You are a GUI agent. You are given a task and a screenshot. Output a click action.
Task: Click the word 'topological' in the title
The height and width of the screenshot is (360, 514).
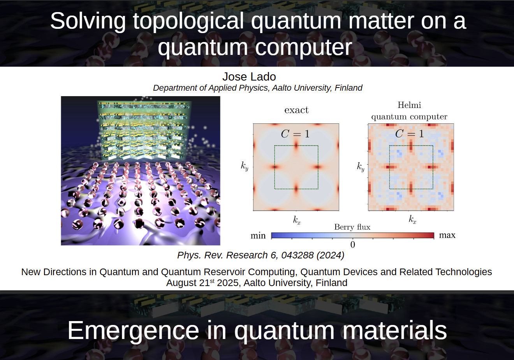coord(188,21)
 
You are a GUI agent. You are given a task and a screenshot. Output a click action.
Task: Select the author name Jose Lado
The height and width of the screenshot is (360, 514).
coord(249,77)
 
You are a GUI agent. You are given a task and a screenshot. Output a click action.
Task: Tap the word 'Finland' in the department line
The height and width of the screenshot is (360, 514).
coord(349,88)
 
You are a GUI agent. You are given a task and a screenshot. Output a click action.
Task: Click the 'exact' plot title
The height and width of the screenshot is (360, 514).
coord(296,110)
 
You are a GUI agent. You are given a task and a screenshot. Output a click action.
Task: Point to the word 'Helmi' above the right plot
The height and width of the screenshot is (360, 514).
coord(409,105)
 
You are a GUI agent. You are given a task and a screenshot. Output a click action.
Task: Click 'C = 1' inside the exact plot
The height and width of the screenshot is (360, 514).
coord(295,133)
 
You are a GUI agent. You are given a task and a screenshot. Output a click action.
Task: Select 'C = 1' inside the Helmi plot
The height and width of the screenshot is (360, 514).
coord(409,133)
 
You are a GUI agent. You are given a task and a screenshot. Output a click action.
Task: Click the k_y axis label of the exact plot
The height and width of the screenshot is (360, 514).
coord(245,166)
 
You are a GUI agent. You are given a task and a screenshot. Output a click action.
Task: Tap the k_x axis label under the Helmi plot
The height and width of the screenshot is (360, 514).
coord(412,220)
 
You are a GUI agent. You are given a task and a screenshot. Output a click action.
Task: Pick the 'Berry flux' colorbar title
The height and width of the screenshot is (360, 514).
coord(352,227)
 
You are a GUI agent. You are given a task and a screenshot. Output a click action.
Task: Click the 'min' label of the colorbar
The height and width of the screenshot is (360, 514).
coord(258,236)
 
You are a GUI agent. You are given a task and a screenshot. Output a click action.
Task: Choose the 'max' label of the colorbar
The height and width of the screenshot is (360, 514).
coord(447,235)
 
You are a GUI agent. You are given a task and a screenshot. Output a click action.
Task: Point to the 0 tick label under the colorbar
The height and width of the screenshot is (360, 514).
coord(353,245)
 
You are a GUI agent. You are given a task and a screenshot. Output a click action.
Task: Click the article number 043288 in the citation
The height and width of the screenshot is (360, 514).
coord(297,255)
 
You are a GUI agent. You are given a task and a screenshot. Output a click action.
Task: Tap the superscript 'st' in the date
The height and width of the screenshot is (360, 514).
coord(212,281)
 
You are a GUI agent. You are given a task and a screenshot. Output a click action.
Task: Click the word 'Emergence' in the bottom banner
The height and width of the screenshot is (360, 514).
coord(133,330)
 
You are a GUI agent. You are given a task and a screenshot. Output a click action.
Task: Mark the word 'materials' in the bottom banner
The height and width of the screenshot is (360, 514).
coord(395,330)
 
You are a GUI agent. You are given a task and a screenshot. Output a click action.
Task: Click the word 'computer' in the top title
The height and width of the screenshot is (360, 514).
coord(304,48)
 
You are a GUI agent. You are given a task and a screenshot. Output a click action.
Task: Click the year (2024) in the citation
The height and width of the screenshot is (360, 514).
coord(331,255)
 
